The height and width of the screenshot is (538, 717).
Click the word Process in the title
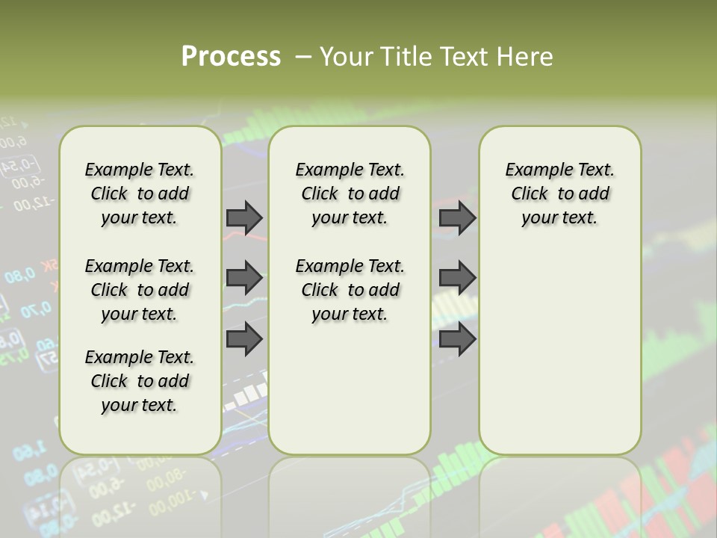[x=231, y=57]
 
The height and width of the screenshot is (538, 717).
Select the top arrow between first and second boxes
[x=244, y=217]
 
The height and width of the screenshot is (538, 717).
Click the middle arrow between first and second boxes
[x=244, y=278]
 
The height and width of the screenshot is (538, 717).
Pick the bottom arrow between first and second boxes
[x=244, y=339]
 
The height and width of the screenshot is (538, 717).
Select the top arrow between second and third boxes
[x=457, y=217]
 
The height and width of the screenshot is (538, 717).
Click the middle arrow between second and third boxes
[x=457, y=278]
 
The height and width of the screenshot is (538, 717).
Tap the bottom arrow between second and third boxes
[x=457, y=339]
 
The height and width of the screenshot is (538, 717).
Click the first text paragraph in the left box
[x=140, y=194]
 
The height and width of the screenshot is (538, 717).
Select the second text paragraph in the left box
[x=140, y=290]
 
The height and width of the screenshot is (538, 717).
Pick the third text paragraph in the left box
[x=140, y=381]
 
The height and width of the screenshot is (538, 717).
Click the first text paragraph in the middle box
[x=350, y=194]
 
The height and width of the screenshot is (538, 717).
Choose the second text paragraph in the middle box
[x=350, y=290]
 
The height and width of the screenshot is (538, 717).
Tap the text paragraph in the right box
[x=559, y=194]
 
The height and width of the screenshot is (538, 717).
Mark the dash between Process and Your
[x=303, y=57]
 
